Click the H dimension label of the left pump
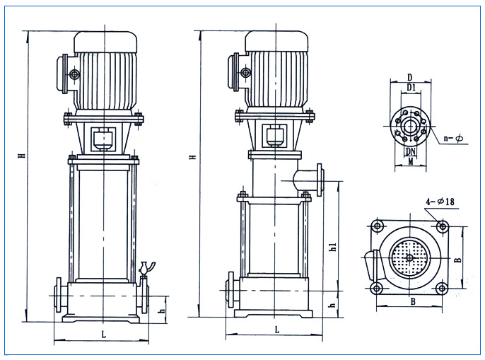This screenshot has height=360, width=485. click(x=22, y=155)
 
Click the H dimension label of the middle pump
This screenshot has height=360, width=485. click(x=193, y=156)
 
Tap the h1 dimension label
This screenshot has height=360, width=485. click(x=333, y=246)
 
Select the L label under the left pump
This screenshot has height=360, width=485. click(x=104, y=335)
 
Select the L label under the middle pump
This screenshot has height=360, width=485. click(x=277, y=330)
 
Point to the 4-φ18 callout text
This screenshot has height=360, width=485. click(x=440, y=202)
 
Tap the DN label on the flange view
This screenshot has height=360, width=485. click(x=411, y=151)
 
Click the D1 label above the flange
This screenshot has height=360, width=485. click(x=411, y=88)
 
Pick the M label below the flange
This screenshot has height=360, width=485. click(x=411, y=161)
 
